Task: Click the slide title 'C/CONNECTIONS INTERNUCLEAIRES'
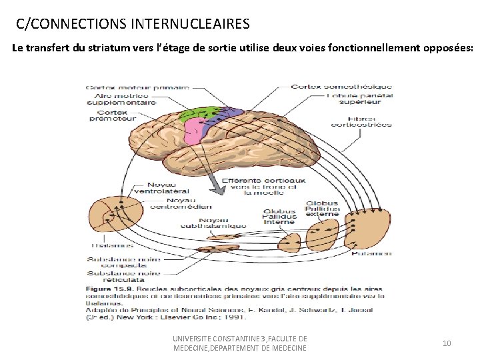click(x=133, y=25)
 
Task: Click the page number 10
click(x=447, y=343)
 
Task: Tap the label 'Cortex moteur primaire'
click(x=137, y=87)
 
